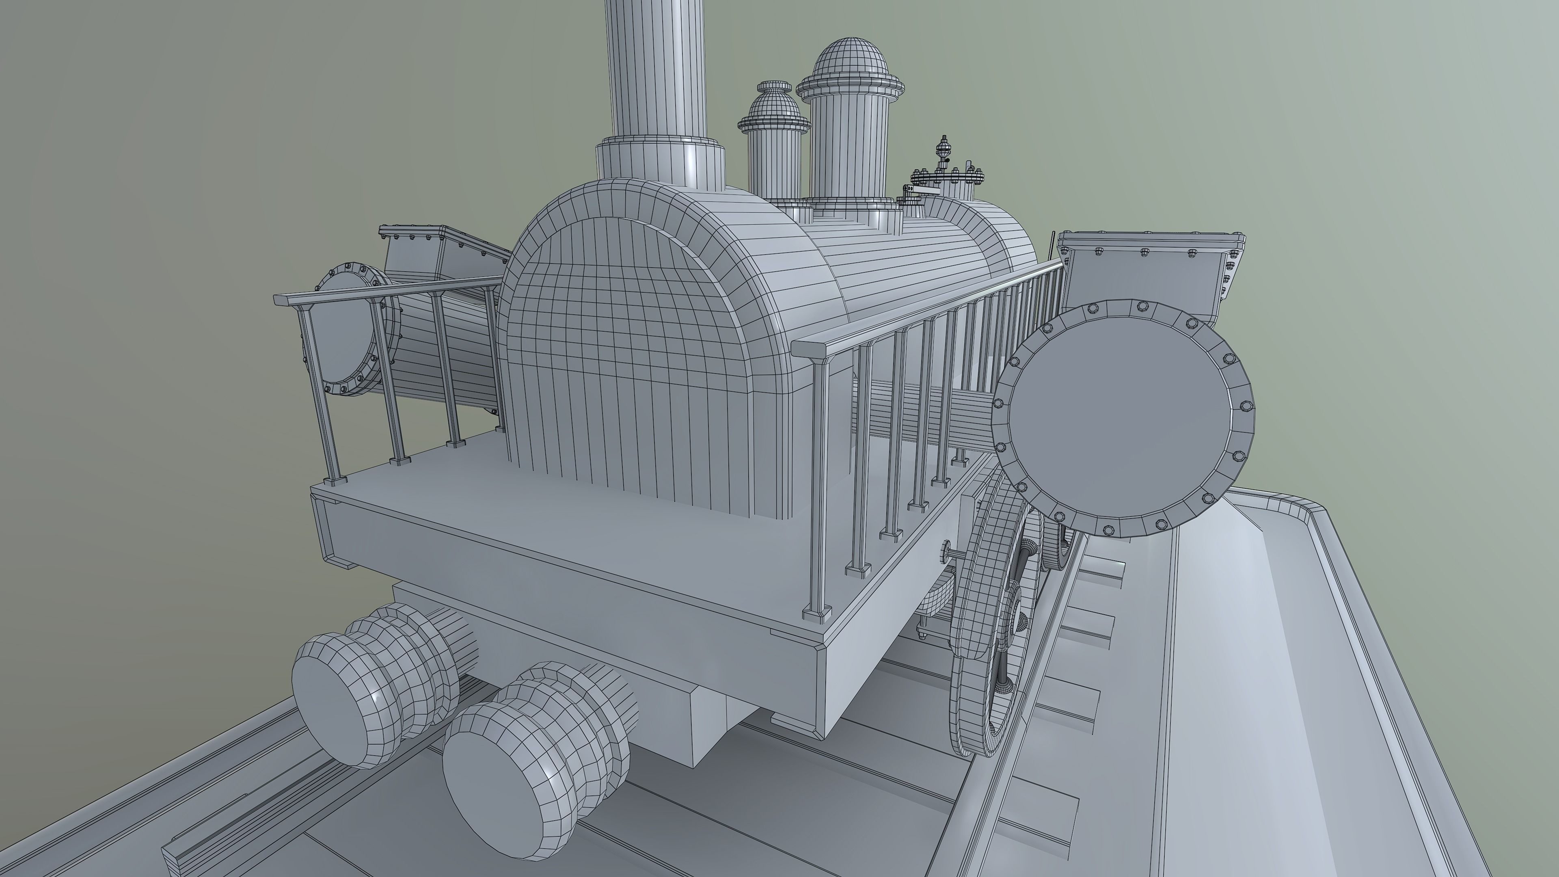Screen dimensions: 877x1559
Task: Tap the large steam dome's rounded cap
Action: coord(850,60)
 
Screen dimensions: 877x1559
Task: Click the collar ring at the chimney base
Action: coord(660,158)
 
